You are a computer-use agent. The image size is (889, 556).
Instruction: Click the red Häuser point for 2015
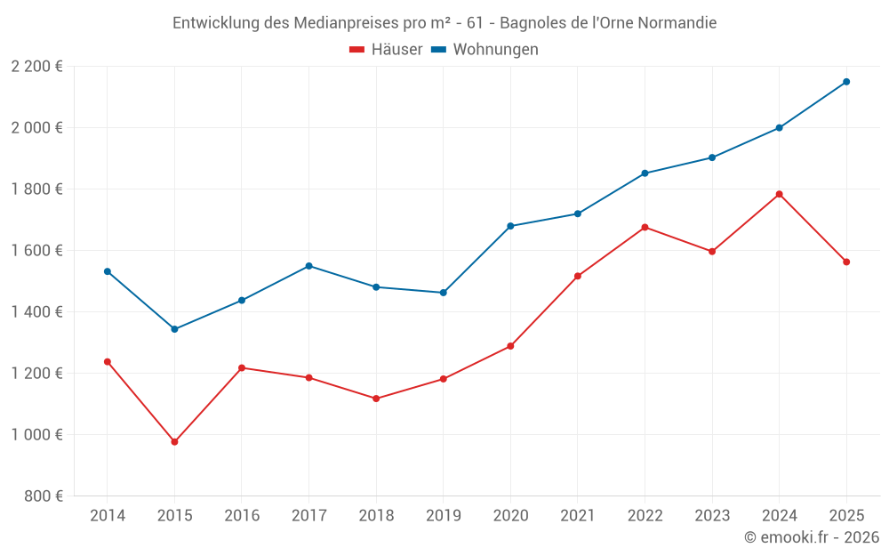tap(174, 442)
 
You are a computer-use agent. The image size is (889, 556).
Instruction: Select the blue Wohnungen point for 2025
tap(846, 82)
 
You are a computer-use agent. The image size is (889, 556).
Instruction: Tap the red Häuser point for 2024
tap(779, 194)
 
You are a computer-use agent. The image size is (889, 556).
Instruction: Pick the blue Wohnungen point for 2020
tap(510, 226)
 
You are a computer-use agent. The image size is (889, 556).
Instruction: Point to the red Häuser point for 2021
tap(578, 277)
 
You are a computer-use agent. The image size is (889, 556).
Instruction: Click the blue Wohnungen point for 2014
tap(108, 271)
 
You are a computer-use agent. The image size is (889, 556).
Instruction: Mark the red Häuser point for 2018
tap(376, 399)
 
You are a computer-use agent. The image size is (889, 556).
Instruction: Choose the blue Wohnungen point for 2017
tap(308, 266)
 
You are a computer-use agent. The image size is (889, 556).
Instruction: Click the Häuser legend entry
tap(386, 50)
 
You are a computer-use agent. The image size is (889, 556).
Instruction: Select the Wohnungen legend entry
tap(485, 50)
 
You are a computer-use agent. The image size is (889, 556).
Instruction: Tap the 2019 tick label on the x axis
tap(444, 516)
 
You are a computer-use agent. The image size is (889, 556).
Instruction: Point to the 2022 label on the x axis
tap(645, 516)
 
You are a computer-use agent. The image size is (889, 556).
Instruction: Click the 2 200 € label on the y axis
tap(37, 67)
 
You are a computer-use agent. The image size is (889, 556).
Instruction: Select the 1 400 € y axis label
tap(37, 312)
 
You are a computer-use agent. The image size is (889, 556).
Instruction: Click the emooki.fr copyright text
tap(812, 537)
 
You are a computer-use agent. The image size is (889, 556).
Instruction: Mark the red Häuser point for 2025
tap(846, 262)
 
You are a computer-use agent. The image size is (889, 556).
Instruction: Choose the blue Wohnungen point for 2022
tap(645, 173)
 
